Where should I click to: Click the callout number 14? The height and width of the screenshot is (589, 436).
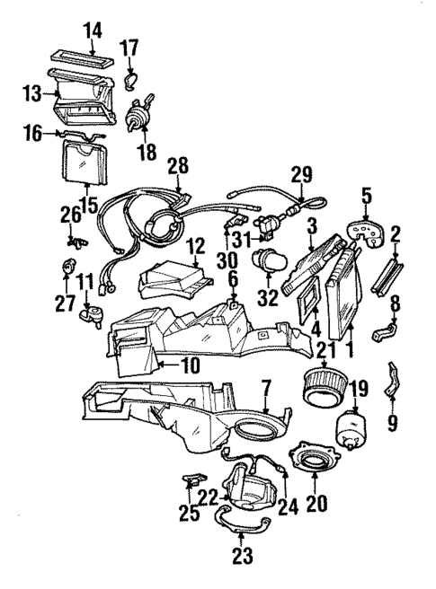[x=93, y=31]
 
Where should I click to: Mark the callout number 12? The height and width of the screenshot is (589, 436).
[x=196, y=244]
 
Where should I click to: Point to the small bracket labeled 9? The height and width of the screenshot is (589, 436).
[x=393, y=380]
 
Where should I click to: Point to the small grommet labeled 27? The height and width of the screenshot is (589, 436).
[x=67, y=268]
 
